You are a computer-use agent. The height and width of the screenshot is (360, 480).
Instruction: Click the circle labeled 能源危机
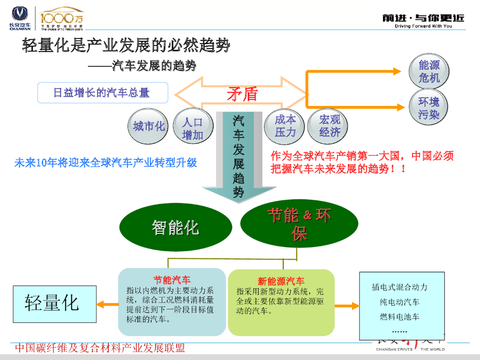point(429,72)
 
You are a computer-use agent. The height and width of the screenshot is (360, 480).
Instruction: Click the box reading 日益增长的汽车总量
point(102,93)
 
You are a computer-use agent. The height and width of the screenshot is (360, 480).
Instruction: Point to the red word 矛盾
point(242,94)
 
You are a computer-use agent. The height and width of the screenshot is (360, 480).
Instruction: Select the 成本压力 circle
point(285,126)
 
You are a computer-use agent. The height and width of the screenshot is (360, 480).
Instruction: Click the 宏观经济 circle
point(330,126)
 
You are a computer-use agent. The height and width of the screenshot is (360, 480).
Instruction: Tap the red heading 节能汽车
point(172,280)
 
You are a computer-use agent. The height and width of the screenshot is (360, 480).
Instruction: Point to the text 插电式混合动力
point(399,287)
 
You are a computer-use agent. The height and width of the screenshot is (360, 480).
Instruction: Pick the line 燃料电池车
point(399,317)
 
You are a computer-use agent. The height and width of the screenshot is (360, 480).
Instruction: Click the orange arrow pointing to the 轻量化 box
point(107,305)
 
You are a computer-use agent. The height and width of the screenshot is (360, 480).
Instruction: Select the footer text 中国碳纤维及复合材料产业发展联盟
point(100,348)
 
